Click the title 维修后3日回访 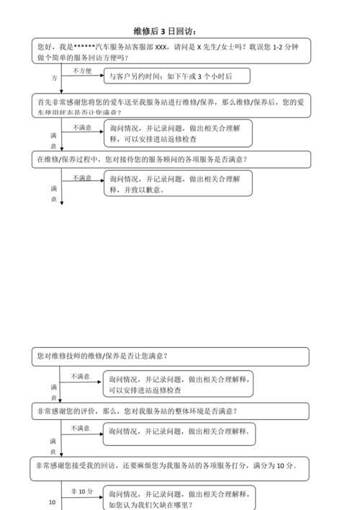[x=166, y=31]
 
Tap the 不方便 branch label [x=81, y=71]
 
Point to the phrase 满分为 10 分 [x=276, y=466]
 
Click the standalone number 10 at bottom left [x=52, y=503]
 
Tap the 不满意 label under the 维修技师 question [x=81, y=376]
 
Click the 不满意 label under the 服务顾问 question [x=81, y=178]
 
